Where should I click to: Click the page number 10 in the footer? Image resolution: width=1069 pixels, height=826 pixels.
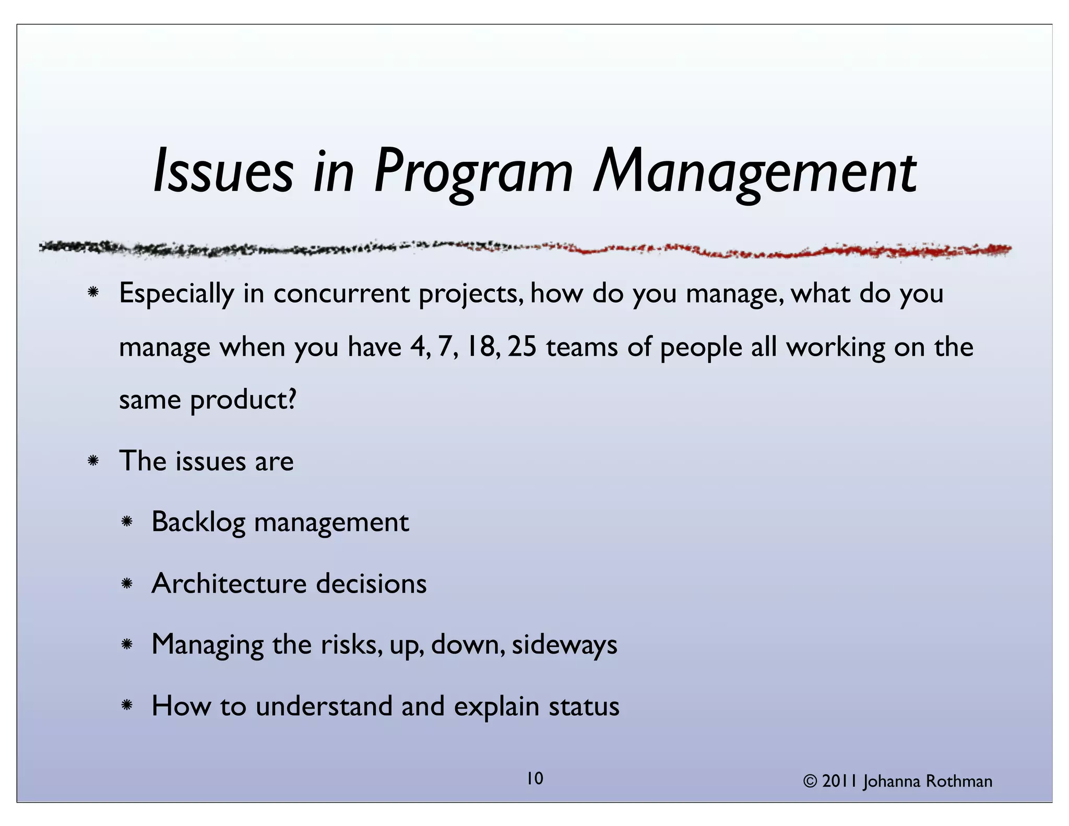pos(534,778)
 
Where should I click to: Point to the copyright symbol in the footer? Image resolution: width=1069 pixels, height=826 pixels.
pos(810,781)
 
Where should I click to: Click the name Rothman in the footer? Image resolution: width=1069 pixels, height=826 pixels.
pos(959,781)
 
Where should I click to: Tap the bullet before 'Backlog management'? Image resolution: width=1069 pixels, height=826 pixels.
pos(126,522)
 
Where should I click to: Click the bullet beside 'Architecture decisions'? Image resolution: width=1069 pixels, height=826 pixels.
pos(126,583)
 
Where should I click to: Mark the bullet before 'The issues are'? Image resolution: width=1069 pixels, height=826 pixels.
pos(93,461)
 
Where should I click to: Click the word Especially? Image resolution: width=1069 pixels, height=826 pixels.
pos(176,293)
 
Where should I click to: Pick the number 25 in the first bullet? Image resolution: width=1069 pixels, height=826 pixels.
pos(522,347)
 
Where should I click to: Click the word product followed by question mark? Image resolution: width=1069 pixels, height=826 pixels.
pos(243,400)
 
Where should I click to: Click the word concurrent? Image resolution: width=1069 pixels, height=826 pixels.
pos(341,293)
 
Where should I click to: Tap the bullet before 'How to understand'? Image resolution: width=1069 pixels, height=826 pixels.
pos(126,706)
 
